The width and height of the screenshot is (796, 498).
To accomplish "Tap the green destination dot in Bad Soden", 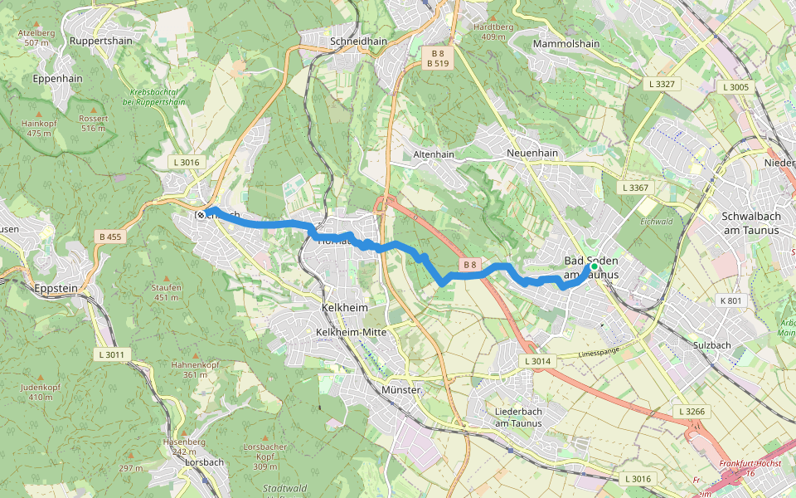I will click(x=594, y=266).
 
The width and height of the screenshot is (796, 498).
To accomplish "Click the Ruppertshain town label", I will click(x=101, y=40).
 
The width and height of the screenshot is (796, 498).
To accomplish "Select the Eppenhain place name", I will click(x=57, y=79).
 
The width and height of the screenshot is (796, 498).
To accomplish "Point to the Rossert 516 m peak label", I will click(x=94, y=124).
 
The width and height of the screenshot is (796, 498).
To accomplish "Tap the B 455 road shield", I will click(x=108, y=237).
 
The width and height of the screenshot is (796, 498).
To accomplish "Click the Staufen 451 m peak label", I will click(x=166, y=292).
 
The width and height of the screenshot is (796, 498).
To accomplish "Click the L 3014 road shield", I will click(x=537, y=362).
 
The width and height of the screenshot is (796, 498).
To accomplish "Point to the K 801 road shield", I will click(x=730, y=300).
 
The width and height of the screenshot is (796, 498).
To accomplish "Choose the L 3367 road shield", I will click(x=636, y=188).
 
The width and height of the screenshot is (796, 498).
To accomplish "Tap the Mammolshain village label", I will click(x=566, y=43).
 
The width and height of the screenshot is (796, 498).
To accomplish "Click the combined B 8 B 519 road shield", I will click(x=438, y=58).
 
